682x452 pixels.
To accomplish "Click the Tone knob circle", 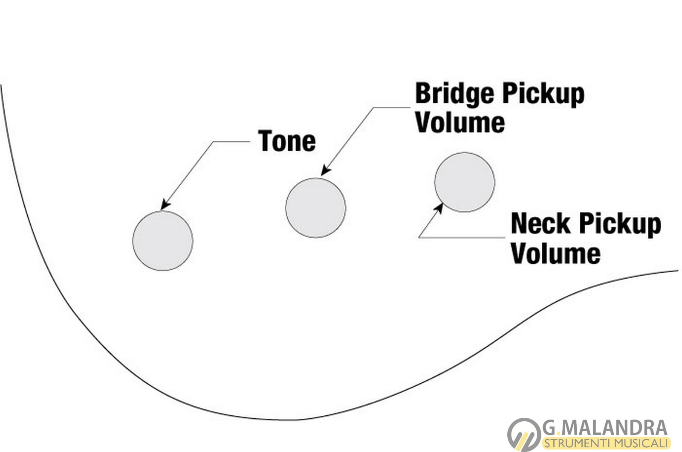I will [x=162, y=241].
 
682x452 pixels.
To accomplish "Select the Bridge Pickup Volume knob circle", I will [x=315, y=208].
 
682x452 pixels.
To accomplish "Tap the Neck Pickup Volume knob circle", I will [x=465, y=182].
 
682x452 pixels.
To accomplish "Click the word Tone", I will [x=287, y=141].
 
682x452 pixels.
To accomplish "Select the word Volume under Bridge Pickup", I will [x=460, y=123].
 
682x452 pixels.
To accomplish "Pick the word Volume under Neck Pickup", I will [x=555, y=254].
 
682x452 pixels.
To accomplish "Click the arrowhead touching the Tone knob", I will [x=165, y=205].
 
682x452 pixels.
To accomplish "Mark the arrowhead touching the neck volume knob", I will [x=439, y=208].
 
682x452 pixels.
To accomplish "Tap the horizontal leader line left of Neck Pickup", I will [x=462, y=237].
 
